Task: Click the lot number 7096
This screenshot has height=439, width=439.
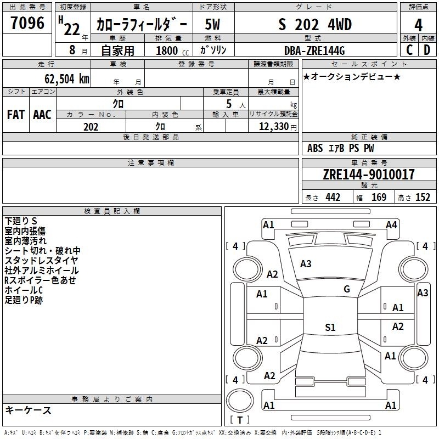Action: (x=27, y=23)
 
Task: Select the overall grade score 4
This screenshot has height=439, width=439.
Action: (x=418, y=25)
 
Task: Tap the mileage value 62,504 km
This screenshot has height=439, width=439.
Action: (x=67, y=79)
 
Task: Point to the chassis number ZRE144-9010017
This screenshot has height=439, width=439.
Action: (x=369, y=175)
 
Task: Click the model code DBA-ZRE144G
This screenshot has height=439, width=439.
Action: (x=314, y=50)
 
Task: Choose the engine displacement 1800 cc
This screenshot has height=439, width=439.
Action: (x=172, y=50)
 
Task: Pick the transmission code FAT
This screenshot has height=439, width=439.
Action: (x=16, y=115)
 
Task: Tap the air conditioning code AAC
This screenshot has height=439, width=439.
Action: (x=42, y=115)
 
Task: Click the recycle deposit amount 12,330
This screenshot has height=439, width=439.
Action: (x=274, y=127)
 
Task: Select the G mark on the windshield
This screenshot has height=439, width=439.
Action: (x=347, y=289)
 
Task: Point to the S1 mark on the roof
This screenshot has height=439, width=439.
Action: (x=330, y=327)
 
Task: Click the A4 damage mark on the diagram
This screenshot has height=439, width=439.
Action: (x=391, y=225)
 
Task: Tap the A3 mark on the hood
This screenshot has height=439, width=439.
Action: (x=306, y=264)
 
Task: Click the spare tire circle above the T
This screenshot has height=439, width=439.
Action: (x=240, y=401)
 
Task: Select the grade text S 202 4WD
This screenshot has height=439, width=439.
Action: (x=315, y=25)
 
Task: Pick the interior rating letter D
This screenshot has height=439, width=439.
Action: (x=427, y=50)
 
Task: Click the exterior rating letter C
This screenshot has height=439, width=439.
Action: (x=409, y=50)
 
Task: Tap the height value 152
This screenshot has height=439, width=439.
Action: (x=423, y=198)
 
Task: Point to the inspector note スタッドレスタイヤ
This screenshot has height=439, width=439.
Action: (x=41, y=261)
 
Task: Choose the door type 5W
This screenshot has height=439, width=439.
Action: (x=212, y=25)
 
